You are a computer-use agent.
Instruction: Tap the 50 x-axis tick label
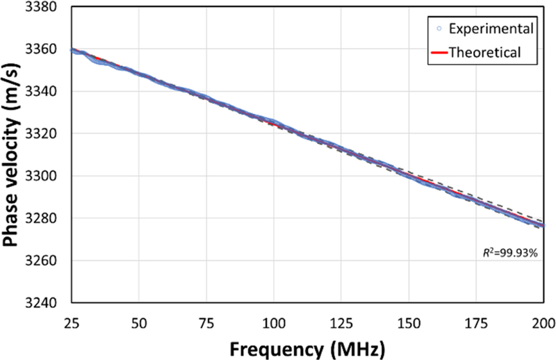click(x=139, y=321)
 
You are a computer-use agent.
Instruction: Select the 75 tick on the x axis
click(x=206, y=321)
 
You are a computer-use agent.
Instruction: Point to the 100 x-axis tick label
click(x=274, y=321)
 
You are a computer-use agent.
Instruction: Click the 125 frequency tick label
click(x=341, y=321)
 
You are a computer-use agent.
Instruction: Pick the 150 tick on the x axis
click(x=409, y=321)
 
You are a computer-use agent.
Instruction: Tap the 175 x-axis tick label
click(x=476, y=321)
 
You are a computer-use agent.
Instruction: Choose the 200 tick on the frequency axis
click(x=542, y=321)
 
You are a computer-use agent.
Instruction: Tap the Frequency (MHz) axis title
click(x=307, y=345)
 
